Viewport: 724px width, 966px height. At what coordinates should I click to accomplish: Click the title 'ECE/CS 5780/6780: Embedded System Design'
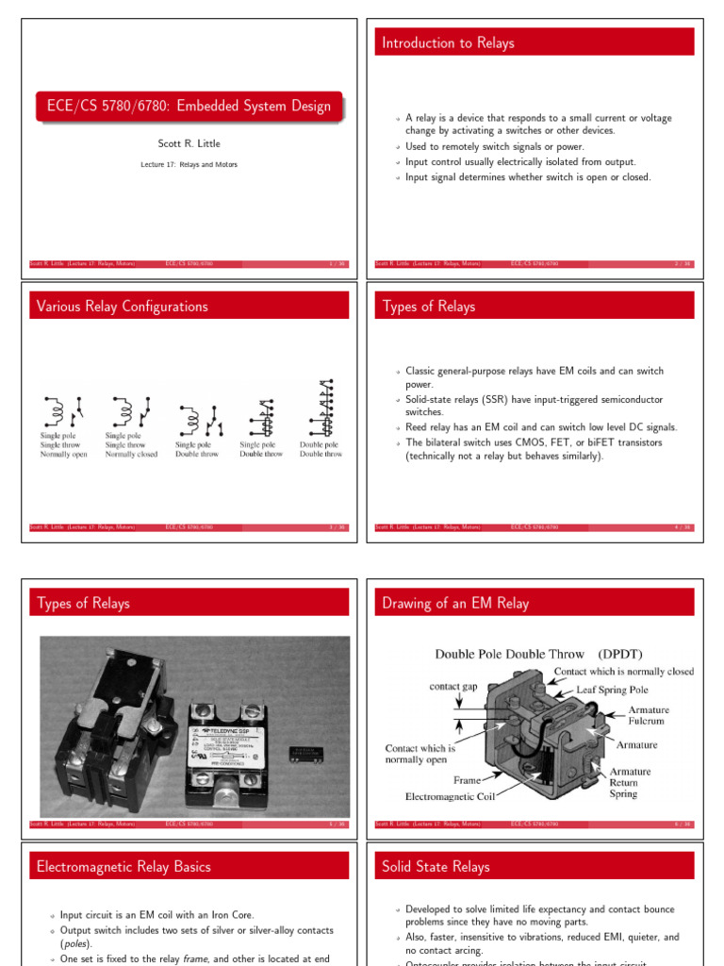189,107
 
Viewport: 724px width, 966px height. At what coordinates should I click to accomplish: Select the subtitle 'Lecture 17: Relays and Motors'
189,164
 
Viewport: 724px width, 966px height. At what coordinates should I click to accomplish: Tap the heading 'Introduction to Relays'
448,42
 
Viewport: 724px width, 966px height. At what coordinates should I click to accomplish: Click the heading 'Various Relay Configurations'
122,307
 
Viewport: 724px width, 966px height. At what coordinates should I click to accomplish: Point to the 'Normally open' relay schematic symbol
62,411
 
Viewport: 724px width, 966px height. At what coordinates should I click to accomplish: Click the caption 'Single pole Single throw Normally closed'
131,445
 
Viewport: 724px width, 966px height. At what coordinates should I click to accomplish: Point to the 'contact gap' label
457,687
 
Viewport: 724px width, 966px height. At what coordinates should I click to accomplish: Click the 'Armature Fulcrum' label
649,715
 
